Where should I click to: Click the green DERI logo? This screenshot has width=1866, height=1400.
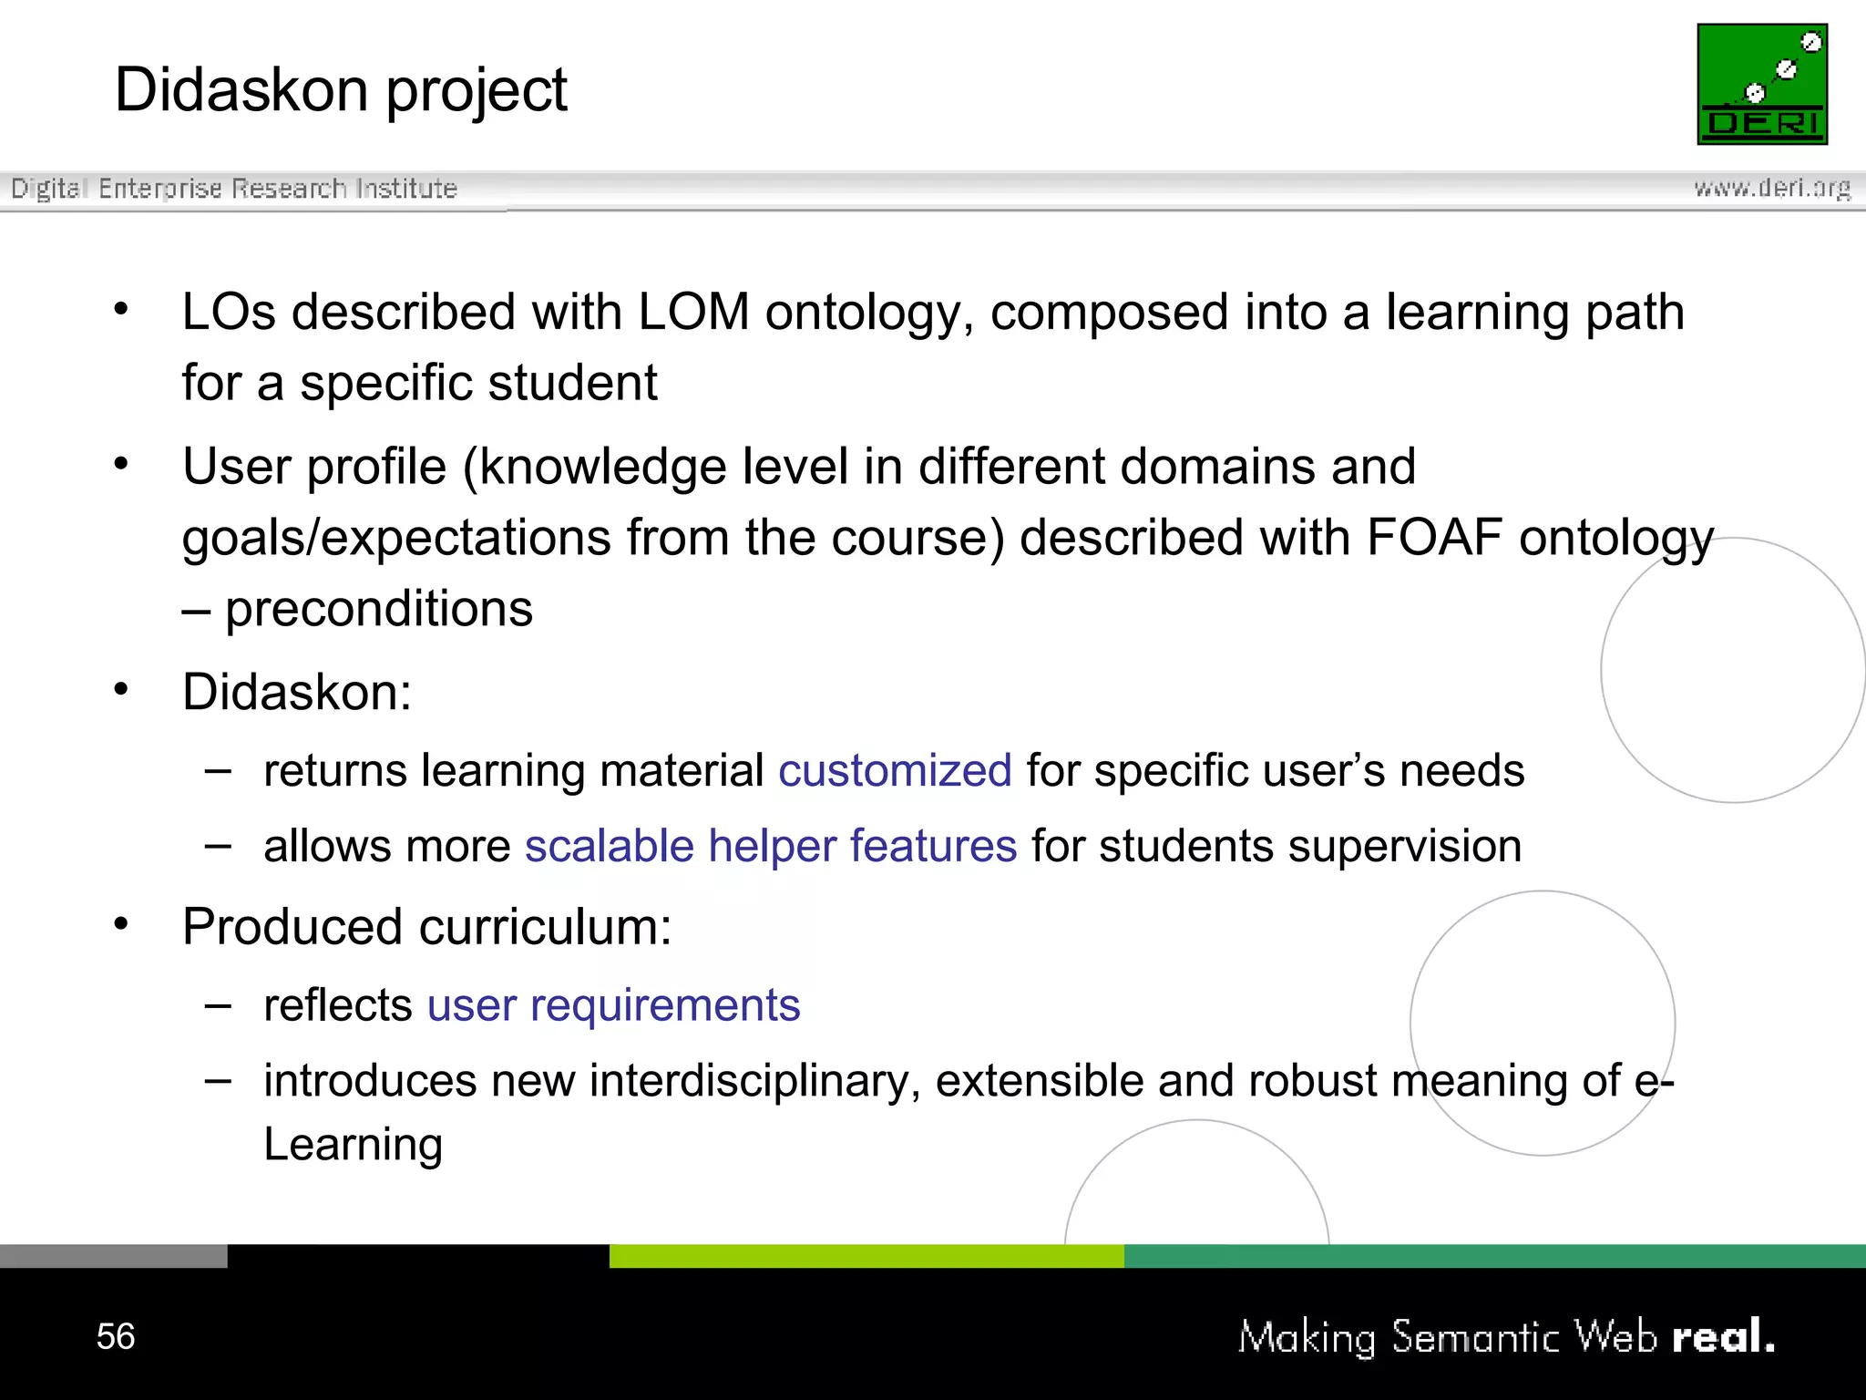pos(1762,84)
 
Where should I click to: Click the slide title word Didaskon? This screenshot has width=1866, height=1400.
pos(241,90)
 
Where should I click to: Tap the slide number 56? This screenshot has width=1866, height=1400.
pos(116,1336)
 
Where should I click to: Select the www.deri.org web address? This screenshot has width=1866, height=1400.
pos(1772,188)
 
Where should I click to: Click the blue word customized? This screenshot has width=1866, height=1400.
pos(895,771)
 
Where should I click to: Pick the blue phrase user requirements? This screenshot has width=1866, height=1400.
pos(613,1006)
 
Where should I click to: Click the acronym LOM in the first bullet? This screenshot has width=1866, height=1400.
pos(693,313)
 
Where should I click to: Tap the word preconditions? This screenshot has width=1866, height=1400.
pos(379,609)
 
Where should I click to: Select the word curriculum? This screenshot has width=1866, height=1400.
pos(545,928)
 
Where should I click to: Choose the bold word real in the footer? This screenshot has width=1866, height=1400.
pos(1722,1337)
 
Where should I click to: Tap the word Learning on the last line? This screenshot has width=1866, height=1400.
pos(353,1145)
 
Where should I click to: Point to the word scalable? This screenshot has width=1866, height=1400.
pos(610,847)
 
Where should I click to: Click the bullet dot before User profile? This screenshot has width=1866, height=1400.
pos(121,465)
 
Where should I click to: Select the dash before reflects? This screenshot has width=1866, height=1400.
pos(218,1005)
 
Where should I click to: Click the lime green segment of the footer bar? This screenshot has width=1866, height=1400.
pos(866,1256)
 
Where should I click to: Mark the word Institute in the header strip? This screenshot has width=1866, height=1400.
pos(406,189)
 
